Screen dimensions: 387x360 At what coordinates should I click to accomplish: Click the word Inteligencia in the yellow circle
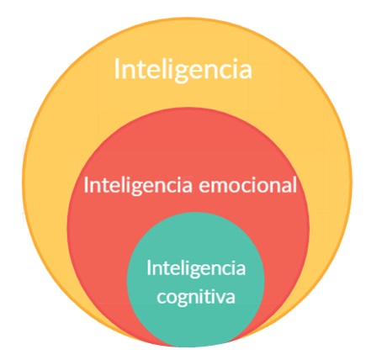tap(183, 70)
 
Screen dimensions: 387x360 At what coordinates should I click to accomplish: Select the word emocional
tap(247, 185)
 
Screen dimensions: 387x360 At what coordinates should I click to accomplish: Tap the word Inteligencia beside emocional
tap(138, 186)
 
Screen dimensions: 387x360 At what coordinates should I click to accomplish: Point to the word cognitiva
tap(196, 297)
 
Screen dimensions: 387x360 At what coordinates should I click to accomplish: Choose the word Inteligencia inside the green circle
tap(196, 268)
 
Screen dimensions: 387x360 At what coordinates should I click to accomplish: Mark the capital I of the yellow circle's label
tap(117, 68)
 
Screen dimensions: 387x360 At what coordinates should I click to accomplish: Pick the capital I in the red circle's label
tap(86, 185)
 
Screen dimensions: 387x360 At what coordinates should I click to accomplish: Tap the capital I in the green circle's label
tap(149, 267)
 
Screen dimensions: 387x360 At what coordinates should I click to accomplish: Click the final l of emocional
tap(294, 185)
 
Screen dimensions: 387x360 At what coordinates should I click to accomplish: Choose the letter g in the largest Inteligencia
tap(183, 73)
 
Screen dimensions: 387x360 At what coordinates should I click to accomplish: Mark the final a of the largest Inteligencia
tap(246, 71)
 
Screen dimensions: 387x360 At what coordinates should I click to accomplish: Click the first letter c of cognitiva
tap(162, 298)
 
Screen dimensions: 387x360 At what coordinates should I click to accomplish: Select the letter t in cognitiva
tap(208, 296)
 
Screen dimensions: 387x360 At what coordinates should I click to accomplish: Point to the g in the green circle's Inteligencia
tap(196, 270)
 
